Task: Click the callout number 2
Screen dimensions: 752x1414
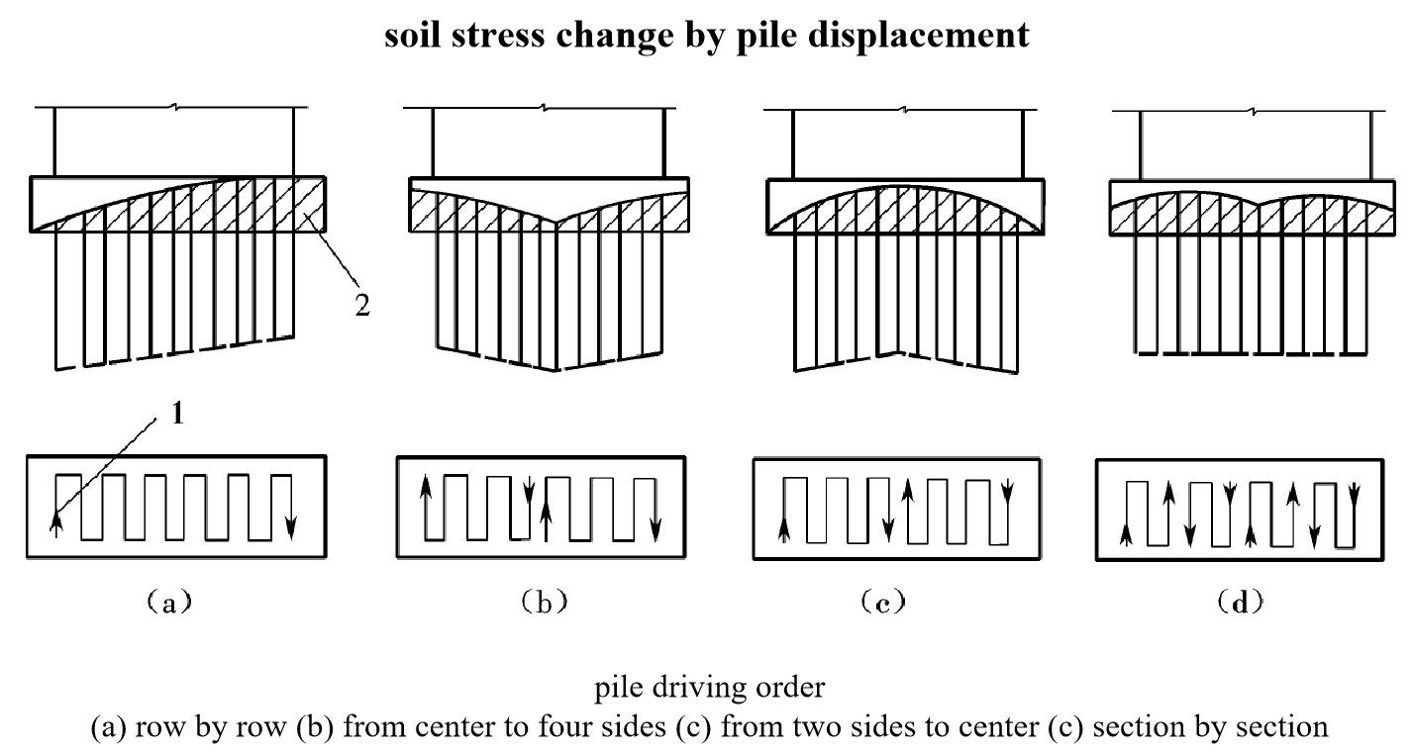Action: pos(362,305)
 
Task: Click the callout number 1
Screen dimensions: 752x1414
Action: pos(178,415)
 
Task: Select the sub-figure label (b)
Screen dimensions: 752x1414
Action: pos(541,602)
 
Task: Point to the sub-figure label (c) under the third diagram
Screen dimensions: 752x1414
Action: pos(884,602)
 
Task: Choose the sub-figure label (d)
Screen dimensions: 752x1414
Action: pos(1239,602)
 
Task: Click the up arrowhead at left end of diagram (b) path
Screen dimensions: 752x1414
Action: pos(425,487)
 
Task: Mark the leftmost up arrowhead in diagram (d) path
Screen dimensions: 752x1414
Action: pos(1126,534)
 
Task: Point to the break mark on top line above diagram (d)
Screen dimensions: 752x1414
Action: pos(1255,112)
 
